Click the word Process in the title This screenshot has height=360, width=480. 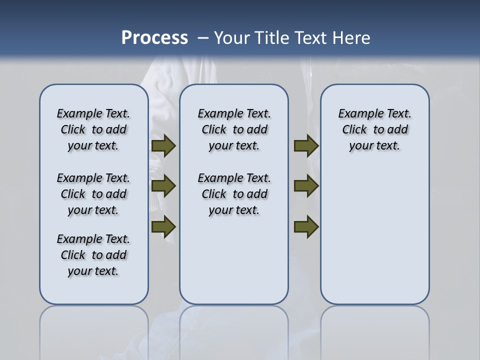154,38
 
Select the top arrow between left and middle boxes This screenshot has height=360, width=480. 163,146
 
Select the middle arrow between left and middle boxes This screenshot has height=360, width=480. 163,186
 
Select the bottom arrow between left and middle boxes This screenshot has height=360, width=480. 163,227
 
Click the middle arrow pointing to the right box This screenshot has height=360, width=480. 306,186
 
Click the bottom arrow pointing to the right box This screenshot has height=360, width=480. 306,227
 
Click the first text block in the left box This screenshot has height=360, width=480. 93,129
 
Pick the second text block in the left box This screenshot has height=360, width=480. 93,194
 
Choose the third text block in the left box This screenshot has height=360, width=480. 93,255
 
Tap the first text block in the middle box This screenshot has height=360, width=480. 234,129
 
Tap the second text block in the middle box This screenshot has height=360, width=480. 234,194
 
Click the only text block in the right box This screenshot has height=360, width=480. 374,129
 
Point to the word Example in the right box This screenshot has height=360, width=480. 357,114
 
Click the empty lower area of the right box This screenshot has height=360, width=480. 374,240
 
